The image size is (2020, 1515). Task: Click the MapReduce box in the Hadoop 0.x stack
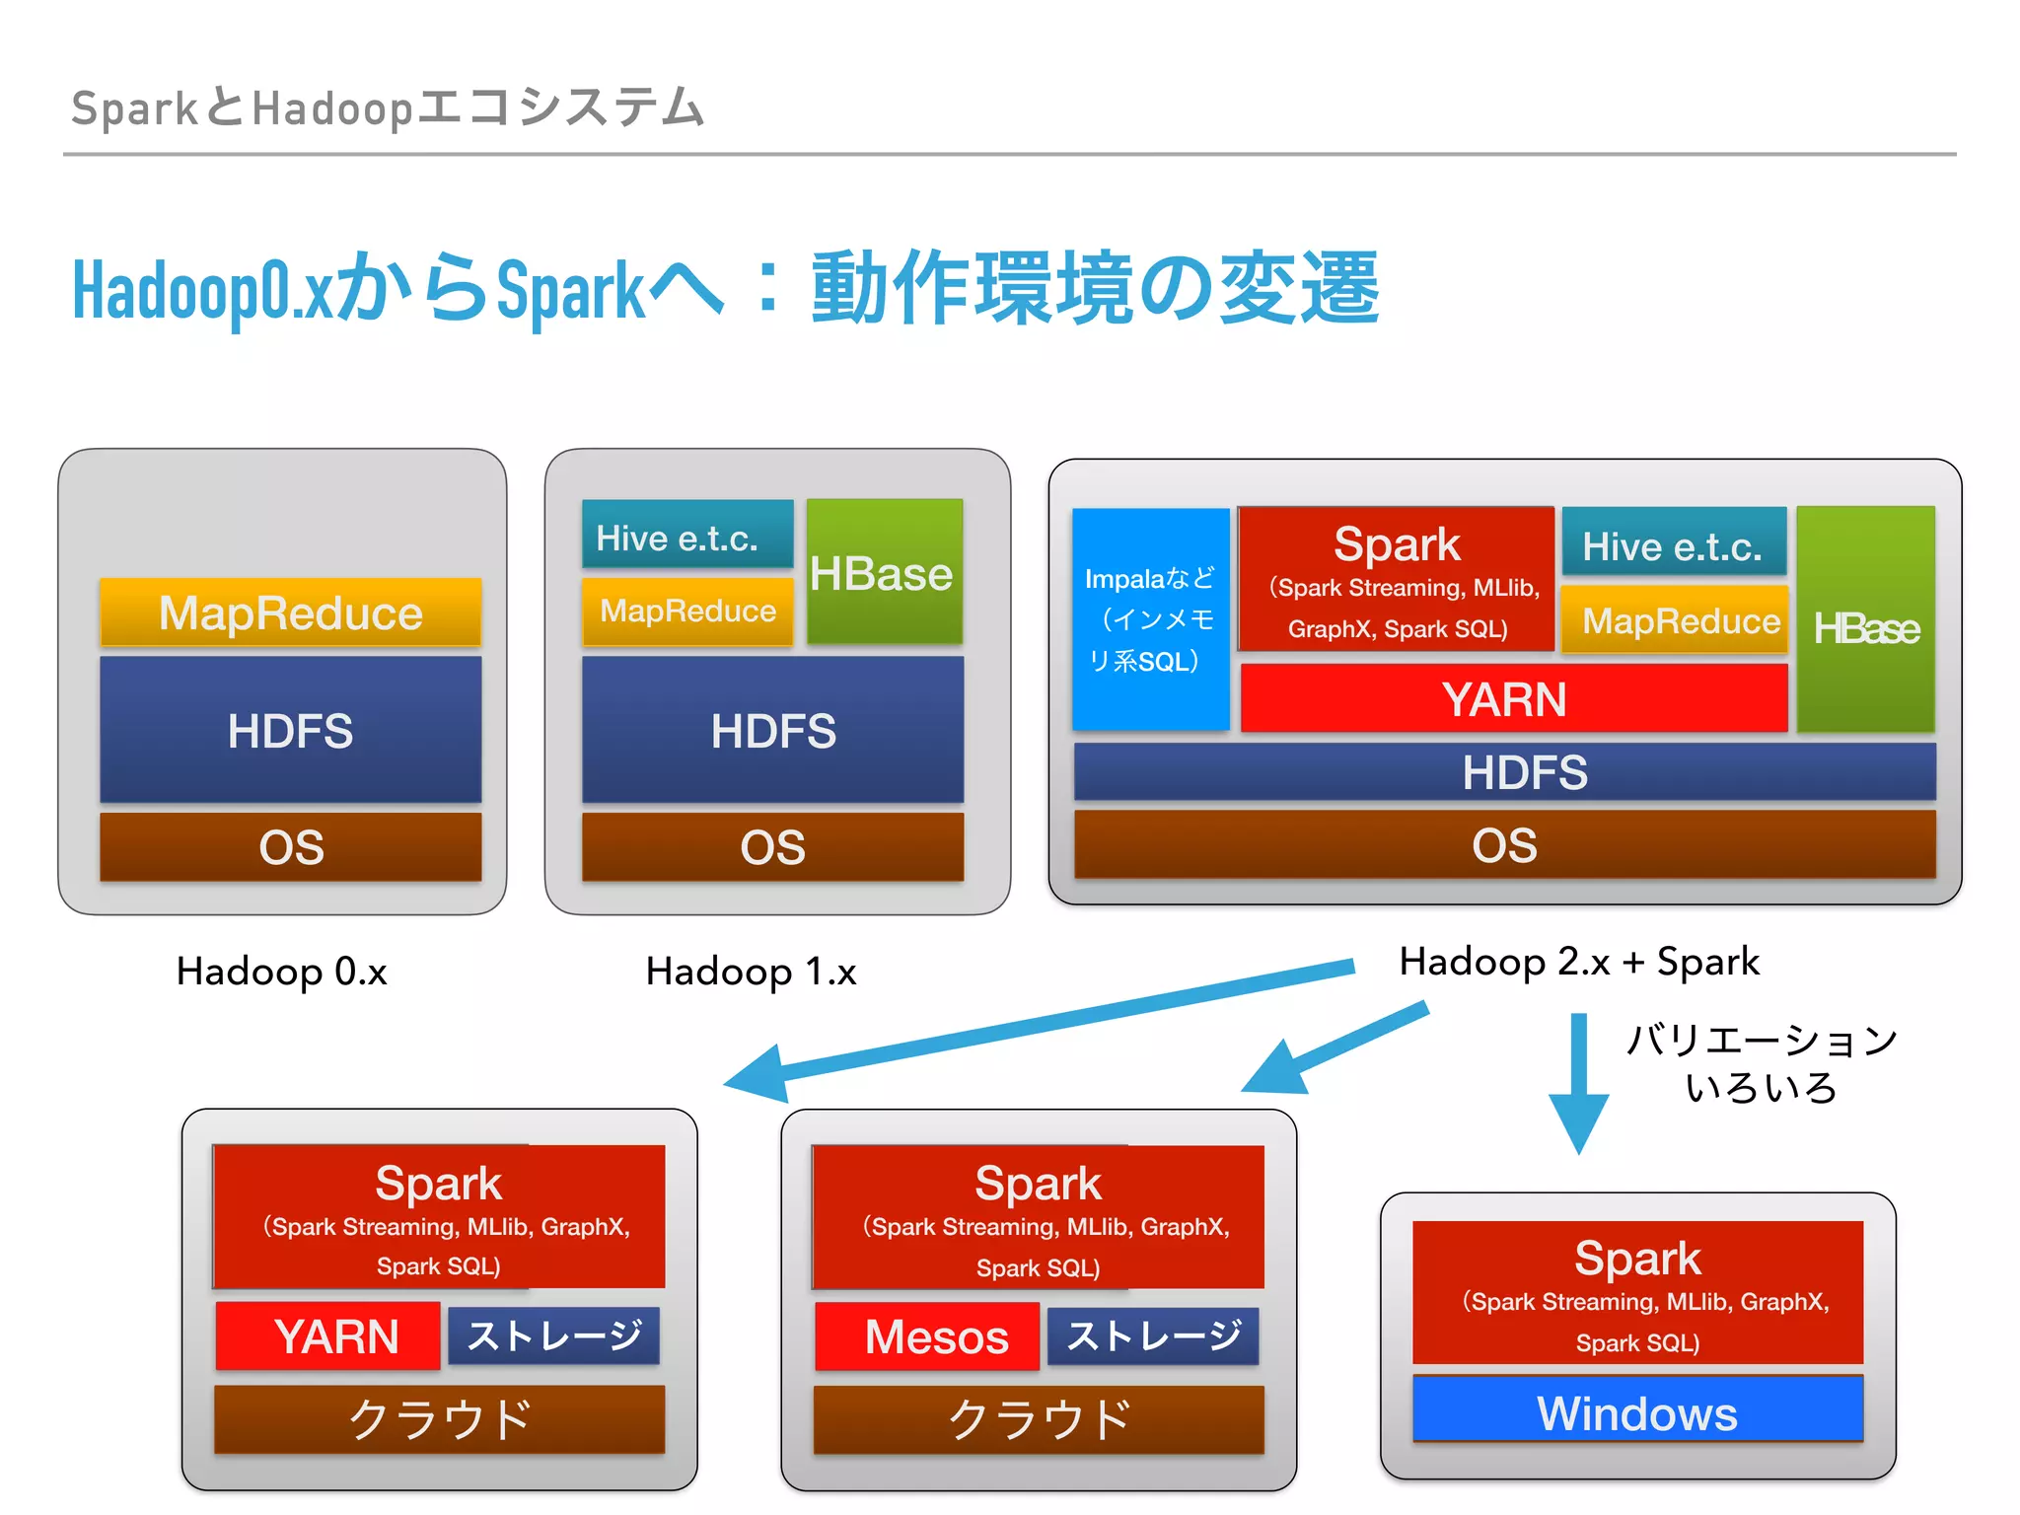(290, 613)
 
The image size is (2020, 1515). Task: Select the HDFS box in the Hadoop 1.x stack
(772, 730)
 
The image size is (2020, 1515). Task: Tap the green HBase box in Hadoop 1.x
(884, 572)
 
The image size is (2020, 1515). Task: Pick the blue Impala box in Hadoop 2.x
(1150, 619)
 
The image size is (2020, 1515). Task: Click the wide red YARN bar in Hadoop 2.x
(1513, 698)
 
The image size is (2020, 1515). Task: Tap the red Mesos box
(926, 1336)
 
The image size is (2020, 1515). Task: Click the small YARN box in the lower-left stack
(327, 1336)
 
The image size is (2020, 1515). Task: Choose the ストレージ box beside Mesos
(1152, 1336)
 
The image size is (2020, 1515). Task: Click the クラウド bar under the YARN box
(439, 1419)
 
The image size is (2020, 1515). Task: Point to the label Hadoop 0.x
(281, 972)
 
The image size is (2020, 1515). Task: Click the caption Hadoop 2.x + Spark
(1578, 962)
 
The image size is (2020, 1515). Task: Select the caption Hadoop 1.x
(751, 972)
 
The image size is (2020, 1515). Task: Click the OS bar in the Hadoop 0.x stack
(290, 846)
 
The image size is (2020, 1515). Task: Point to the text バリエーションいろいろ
(1761, 1063)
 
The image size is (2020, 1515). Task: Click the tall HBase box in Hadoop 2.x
(1865, 619)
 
